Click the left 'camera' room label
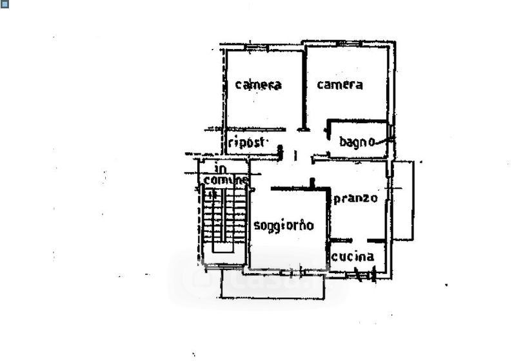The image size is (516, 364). coord(258,84)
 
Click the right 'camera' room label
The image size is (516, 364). coord(339,84)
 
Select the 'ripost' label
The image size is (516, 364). coord(246,142)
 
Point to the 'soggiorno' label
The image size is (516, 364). coord(283,225)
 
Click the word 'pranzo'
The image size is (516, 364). coord(355,198)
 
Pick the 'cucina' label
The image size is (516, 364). coord(353,256)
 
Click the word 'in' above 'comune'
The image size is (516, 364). coord(221,169)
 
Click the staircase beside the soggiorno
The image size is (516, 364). coord(223,219)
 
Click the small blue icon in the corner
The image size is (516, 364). coord(4,4)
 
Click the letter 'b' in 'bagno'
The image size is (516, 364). coord(342,141)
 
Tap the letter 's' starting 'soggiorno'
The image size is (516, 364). coord(256,225)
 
